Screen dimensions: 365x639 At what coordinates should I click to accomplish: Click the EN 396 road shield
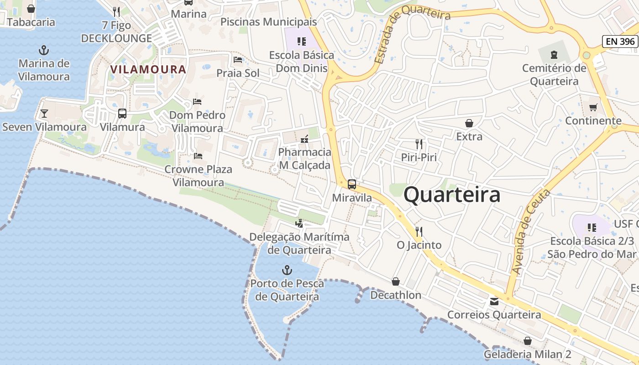coord(620,42)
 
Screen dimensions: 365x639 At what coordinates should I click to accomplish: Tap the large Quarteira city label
coord(452,195)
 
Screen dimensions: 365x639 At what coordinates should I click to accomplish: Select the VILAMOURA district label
coord(148,69)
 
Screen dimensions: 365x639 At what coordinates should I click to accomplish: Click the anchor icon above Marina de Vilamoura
coord(44,50)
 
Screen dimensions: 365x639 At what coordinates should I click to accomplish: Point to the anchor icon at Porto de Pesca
coord(287,270)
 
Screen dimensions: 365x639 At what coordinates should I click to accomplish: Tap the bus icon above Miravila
coord(352,184)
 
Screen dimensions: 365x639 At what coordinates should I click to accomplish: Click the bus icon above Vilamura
coord(122,114)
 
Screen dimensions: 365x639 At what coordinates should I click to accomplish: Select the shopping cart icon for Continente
coord(593,107)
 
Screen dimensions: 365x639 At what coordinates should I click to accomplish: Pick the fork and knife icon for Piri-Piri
coord(419,144)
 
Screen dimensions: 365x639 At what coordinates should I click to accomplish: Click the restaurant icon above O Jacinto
coord(419,232)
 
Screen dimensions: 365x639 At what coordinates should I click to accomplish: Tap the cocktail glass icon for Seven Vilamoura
coord(44,113)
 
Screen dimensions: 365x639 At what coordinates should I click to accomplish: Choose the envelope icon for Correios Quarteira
coord(494,302)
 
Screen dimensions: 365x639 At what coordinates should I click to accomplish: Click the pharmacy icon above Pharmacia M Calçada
coord(304,139)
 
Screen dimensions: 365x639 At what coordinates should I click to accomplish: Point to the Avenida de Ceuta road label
coord(531,233)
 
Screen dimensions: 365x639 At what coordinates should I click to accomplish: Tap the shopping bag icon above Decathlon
coord(396,282)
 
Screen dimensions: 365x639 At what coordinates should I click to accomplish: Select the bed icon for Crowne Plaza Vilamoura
coord(198,156)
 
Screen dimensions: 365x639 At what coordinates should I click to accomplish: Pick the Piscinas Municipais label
coord(268,22)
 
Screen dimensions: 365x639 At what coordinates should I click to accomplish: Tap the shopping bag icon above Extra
coord(469,123)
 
